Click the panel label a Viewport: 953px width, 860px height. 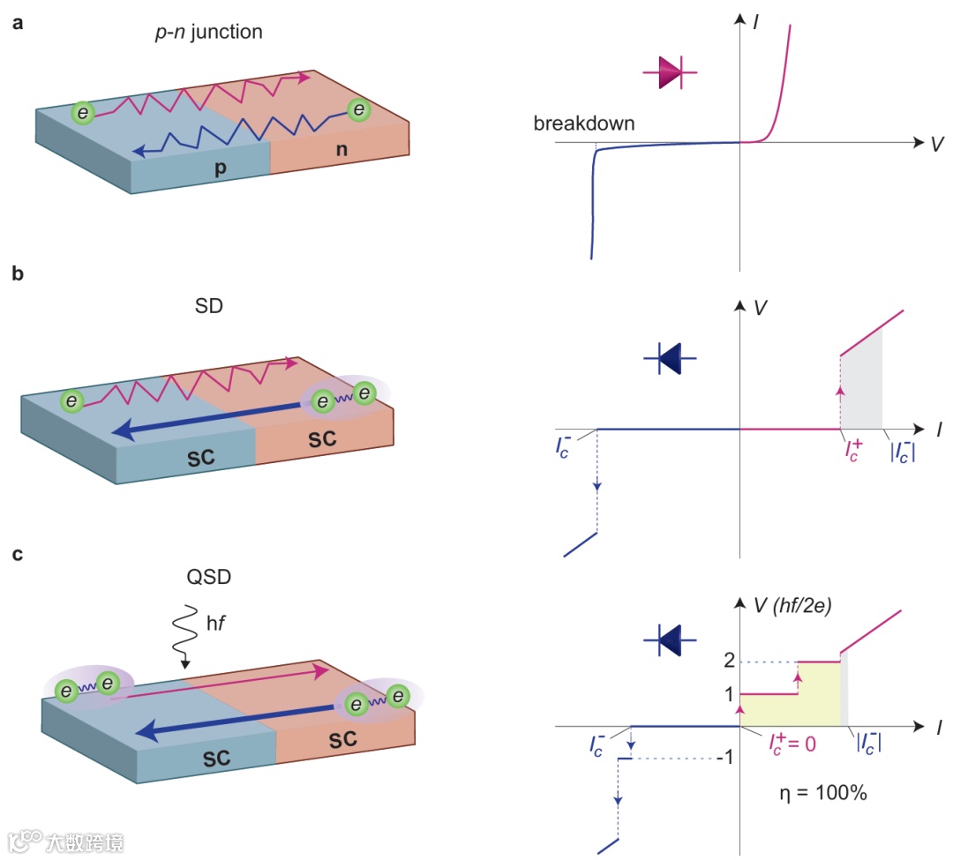(x=17, y=24)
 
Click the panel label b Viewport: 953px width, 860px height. (x=17, y=273)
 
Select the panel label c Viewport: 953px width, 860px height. (x=17, y=555)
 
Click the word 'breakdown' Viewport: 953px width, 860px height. (x=583, y=123)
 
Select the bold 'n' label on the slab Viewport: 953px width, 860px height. (x=340, y=149)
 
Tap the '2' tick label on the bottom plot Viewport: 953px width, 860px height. (x=728, y=662)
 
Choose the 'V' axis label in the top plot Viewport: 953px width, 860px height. (x=937, y=143)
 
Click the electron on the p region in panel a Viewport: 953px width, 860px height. (x=83, y=113)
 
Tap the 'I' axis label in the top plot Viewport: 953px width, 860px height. (x=756, y=19)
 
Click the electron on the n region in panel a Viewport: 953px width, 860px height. (x=358, y=110)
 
